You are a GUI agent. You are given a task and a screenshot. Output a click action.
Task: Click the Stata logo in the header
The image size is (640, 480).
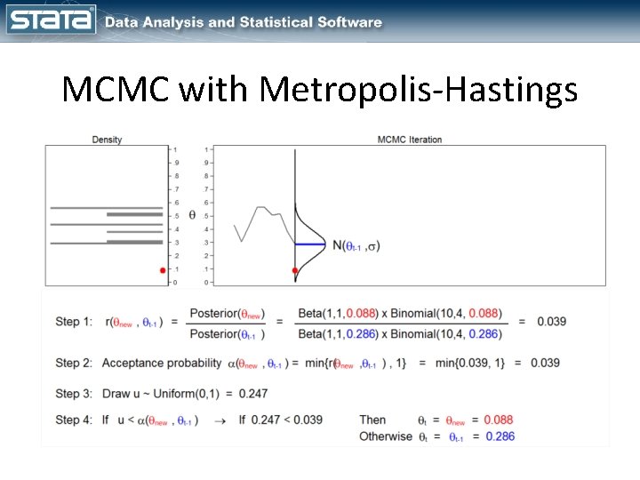click(51, 20)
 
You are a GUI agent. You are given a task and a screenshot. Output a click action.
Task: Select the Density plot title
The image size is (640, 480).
click(107, 140)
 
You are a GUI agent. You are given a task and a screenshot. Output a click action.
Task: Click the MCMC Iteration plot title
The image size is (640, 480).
click(409, 140)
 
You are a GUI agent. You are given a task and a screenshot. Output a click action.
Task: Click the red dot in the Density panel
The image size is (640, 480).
click(163, 270)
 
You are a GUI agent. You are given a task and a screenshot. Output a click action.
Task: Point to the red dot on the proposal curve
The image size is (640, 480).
click(295, 270)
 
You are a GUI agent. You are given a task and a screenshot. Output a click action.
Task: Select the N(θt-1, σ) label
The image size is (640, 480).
click(356, 245)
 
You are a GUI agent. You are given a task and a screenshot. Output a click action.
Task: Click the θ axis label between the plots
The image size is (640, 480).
click(193, 215)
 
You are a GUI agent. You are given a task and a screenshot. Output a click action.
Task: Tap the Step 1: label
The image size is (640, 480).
click(73, 322)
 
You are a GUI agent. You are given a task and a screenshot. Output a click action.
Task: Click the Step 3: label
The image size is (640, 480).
click(73, 393)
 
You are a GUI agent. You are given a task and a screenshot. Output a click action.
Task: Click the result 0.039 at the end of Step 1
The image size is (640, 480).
click(550, 322)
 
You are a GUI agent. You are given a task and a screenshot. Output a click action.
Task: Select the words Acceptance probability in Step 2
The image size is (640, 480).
click(162, 363)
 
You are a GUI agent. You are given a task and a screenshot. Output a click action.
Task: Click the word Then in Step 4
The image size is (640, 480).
click(372, 420)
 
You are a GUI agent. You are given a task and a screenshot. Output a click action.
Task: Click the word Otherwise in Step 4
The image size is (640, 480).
click(386, 436)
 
